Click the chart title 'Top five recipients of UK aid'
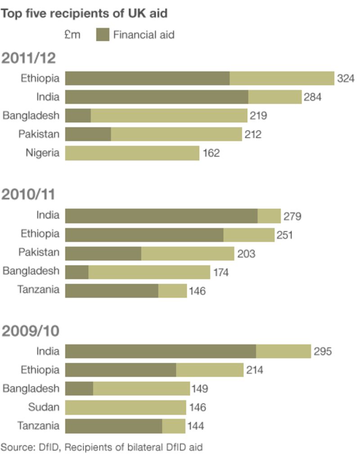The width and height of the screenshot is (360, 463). [84, 13]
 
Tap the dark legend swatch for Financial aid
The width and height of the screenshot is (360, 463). [103, 35]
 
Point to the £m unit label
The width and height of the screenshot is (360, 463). [72, 35]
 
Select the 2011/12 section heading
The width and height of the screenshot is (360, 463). [29, 58]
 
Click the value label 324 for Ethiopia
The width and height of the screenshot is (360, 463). [346, 78]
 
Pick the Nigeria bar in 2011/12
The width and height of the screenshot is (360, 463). [132, 153]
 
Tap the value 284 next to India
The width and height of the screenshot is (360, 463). [312, 97]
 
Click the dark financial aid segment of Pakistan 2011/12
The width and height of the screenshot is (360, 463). [88, 134]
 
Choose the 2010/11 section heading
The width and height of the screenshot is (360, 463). [28, 194]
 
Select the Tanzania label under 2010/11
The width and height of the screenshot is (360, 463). [38, 289]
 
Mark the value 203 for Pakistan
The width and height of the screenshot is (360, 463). [246, 254]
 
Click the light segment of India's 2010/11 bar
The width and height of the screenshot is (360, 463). [269, 216]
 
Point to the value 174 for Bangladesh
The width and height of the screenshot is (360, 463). [221, 273]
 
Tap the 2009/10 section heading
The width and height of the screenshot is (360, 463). [30, 331]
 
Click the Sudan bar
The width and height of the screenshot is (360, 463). [126, 408]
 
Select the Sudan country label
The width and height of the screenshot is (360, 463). [44, 407]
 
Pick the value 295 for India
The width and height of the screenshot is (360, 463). [322, 351]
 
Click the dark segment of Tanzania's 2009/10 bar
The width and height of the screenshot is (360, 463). [113, 426]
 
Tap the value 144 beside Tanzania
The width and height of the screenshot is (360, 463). [195, 426]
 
